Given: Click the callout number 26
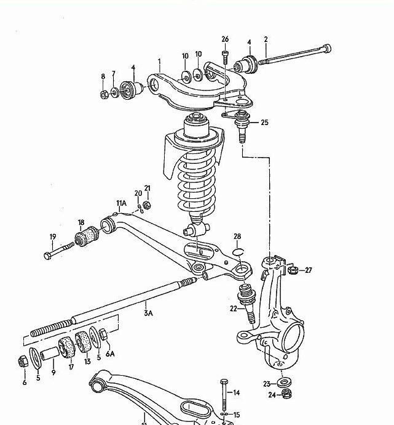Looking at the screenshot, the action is (225, 39).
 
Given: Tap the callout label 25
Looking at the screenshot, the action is (264, 123).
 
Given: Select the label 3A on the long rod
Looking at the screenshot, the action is (148, 313).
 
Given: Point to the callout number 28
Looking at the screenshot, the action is (237, 237).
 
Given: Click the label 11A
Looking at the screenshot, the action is (122, 203).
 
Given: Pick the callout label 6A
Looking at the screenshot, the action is (110, 354).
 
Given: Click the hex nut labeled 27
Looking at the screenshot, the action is (293, 270).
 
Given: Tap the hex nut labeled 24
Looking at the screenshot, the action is (286, 393).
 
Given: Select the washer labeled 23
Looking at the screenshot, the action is (284, 382).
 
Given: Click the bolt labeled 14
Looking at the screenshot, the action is (224, 395).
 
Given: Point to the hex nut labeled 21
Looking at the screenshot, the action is (146, 205).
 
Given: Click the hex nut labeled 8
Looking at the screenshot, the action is (104, 95).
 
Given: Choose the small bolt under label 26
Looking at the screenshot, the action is (225, 57).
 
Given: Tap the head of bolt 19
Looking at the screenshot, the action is (47, 256).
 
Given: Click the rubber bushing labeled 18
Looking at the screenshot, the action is (87, 237).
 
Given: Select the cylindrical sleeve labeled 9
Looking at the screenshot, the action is (50, 353).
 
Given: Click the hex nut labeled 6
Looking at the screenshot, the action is (23, 362).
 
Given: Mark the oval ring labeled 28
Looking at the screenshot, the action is (238, 252).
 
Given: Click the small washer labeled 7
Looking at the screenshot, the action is (115, 92).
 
